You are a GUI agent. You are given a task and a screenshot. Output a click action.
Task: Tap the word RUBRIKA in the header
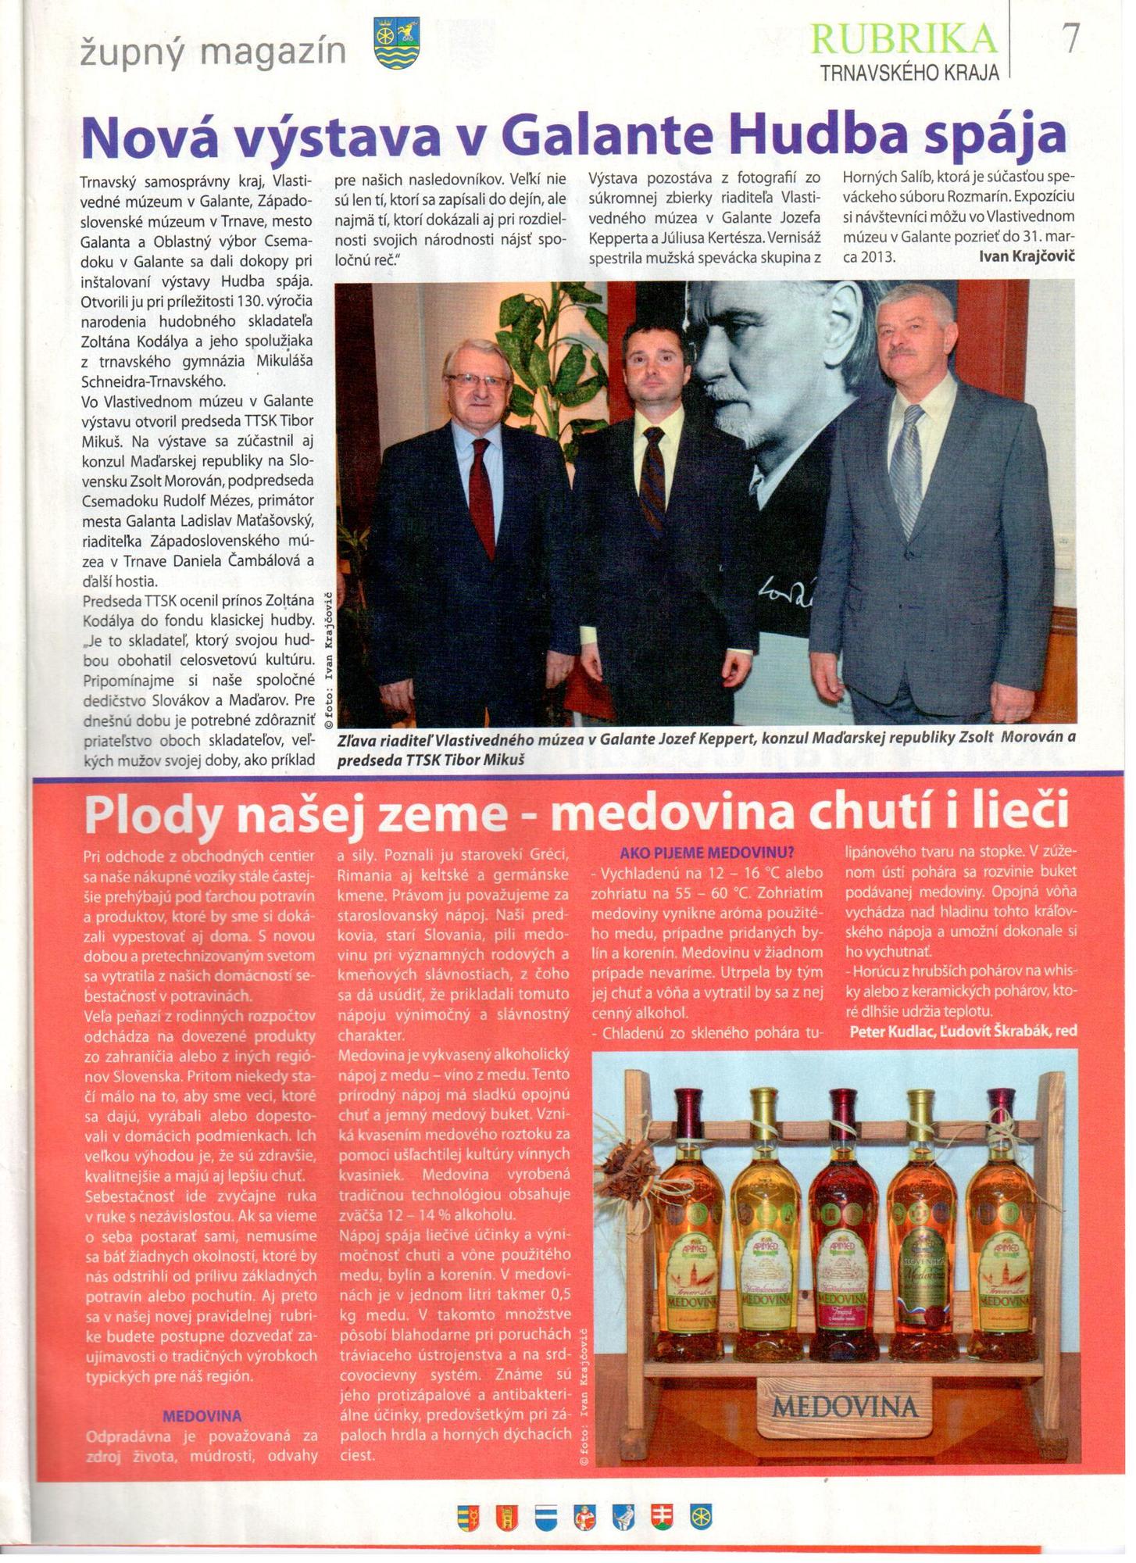coord(905,39)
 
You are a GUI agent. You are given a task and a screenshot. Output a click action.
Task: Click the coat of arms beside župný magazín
coord(397,44)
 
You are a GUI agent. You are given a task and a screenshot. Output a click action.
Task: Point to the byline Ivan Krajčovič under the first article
coord(1027,256)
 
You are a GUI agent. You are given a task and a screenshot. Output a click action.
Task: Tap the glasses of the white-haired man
coord(475,381)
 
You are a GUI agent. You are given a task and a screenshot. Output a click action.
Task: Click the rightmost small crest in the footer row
coord(701,1517)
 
